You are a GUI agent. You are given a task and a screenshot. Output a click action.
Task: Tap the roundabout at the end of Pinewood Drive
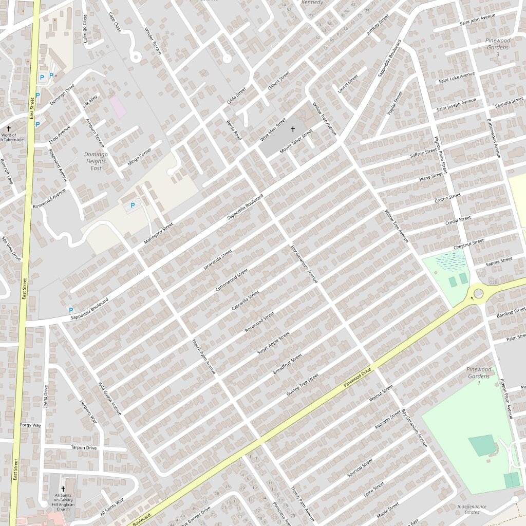pyautogui.click(x=479, y=293)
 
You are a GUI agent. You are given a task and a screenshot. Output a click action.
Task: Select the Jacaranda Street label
pyautogui.click(x=218, y=259)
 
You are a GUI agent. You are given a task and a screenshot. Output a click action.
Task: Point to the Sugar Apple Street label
pyautogui.click(x=273, y=343)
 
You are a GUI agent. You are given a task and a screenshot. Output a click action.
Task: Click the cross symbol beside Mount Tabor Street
pyautogui.click(x=293, y=130)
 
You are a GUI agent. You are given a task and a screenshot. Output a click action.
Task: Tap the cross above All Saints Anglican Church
pyautogui.click(x=64, y=489)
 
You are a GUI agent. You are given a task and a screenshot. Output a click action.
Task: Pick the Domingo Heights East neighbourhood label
pyautogui.click(x=96, y=161)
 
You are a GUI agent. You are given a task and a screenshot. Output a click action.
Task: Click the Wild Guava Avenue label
pyautogui.click(x=109, y=398)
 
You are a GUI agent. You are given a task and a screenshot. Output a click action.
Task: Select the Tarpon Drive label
pyautogui.click(x=84, y=448)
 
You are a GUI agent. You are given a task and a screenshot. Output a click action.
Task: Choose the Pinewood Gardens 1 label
pyautogui.click(x=479, y=376)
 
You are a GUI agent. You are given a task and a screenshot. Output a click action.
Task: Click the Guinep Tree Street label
pyautogui.click(x=303, y=385)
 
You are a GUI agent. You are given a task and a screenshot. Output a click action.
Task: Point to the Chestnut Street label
pyautogui.click(x=468, y=244)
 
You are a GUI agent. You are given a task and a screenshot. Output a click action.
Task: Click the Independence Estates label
pyautogui.click(x=472, y=509)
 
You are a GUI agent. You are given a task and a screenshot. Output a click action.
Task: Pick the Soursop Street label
pyautogui.click(x=360, y=468)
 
